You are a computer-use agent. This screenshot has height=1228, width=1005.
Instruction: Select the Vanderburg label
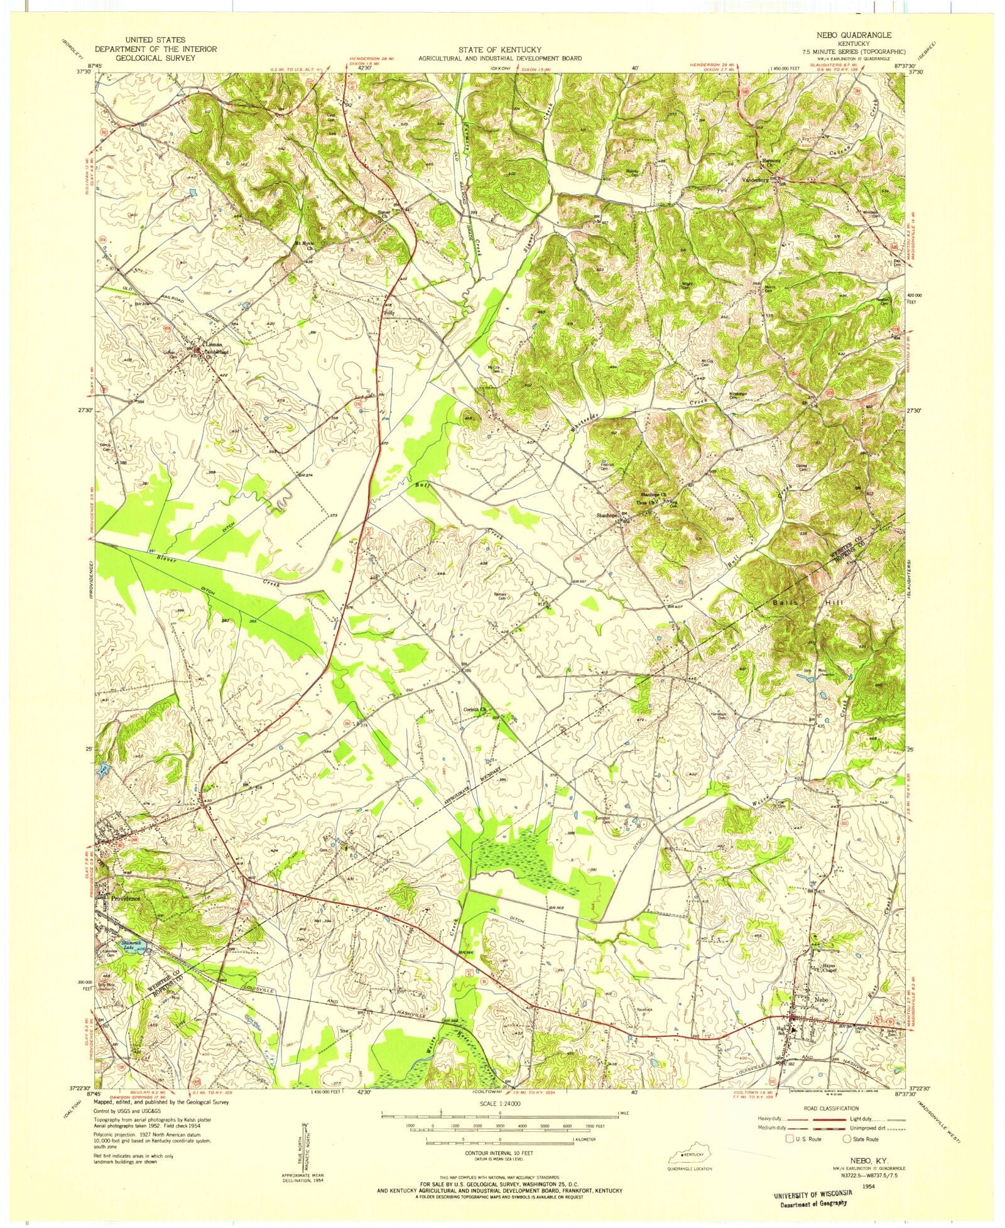click(756, 180)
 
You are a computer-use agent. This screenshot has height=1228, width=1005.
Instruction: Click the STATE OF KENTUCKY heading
click(499, 49)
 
